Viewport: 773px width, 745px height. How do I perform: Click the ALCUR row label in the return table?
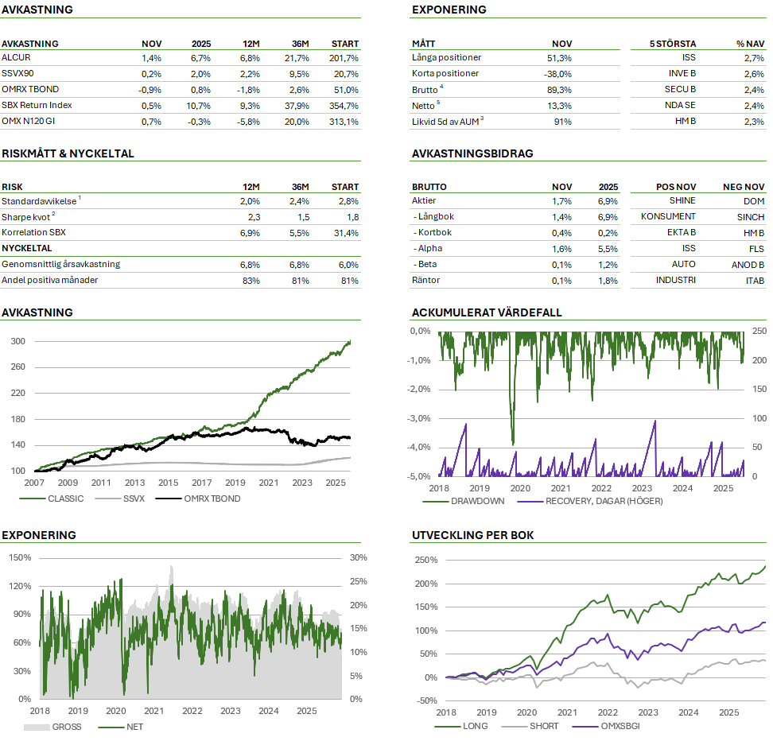pyautogui.click(x=17, y=58)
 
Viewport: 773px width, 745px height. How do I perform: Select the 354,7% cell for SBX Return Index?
pyautogui.click(x=343, y=106)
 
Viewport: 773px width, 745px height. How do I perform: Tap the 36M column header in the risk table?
pyautogui.click(x=299, y=187)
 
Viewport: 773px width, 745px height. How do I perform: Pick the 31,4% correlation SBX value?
pyautogui.click(x=344, y=233)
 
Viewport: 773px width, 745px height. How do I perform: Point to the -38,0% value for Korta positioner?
pyautogui.click(x=557, y=74)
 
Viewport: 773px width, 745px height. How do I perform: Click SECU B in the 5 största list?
pyautogui.click(x=682, y=90)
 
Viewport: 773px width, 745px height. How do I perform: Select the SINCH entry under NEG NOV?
pyautogui.click(x=751, y=217)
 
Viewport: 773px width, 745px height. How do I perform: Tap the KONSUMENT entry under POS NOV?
pyautogui.click(x=668, y=217)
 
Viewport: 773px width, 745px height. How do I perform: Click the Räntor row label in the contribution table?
pyautogui.click(x=425, y=281)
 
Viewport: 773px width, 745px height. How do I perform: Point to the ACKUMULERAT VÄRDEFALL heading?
pyautogui.click(x=487, y=312)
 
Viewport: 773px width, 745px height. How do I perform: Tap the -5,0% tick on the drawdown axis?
pyautogui.click(x=419, y=476)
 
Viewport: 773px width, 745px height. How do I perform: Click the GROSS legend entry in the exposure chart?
pyautogui.click(x=65, y=727)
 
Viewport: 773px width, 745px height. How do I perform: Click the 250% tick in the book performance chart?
pyautogui.click(x=425, y=561)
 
